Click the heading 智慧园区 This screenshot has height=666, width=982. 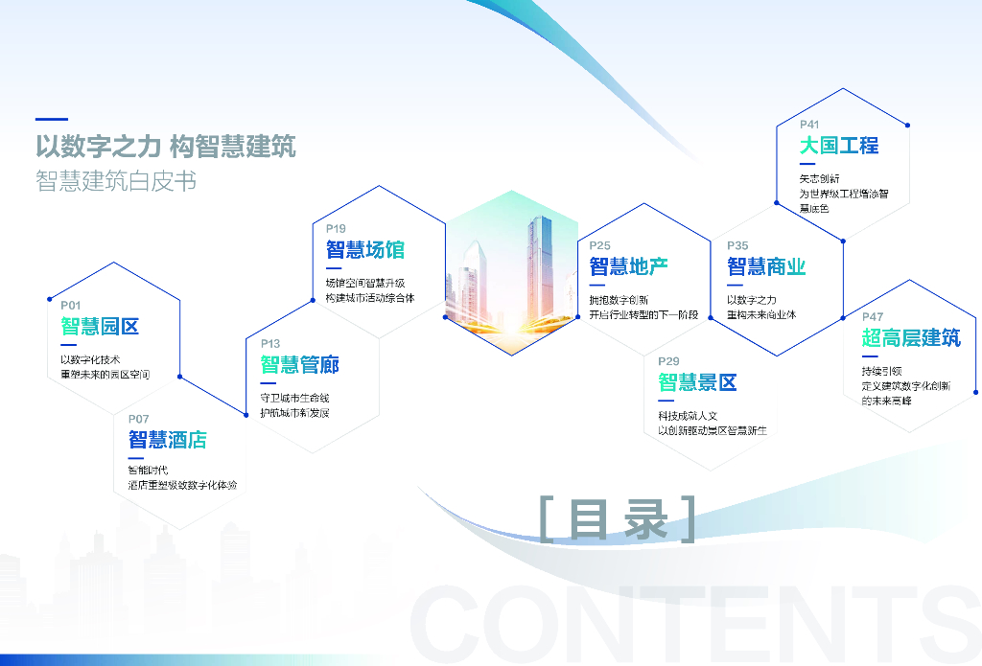coord(100,327)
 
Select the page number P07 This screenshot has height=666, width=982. coord(139,419)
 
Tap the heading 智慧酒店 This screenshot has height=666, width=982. coord(168,441)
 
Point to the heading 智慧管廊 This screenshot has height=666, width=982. coord(299,365)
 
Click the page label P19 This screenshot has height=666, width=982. coord(336,229)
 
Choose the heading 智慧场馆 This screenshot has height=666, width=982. coord(364,251)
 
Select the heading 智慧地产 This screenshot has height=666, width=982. coord(628,266)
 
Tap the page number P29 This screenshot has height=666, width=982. coord(668,361)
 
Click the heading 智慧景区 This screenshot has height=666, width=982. coord(697,383)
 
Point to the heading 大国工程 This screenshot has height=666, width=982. coord(839,146)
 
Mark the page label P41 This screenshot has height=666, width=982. coord(809,125)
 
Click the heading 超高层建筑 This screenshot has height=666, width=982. coord(910,338)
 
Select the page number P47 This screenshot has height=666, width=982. coord(873,317)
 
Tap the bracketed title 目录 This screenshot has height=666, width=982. coord(618,518)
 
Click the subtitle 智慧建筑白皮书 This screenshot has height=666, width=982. coord(116,181)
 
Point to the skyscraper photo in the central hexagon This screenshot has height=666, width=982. coord(512,273)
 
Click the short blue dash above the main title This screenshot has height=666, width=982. coord(51,120)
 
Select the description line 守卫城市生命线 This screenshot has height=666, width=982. coord(294,398)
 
